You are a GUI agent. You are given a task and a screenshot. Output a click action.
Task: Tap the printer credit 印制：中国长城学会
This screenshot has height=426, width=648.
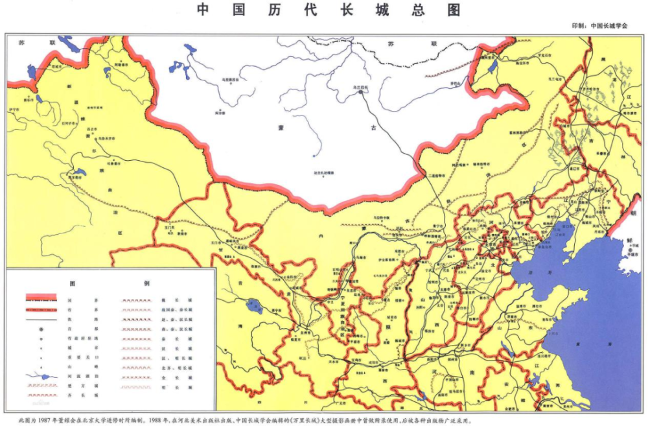tap(599, 26)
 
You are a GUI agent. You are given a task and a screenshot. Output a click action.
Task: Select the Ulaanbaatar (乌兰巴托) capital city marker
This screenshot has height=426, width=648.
tap(360, 93)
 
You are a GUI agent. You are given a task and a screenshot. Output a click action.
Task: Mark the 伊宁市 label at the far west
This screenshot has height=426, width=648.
tap(14, 110)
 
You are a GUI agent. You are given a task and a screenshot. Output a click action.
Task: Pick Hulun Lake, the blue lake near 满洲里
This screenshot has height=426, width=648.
tap(492, 65)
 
